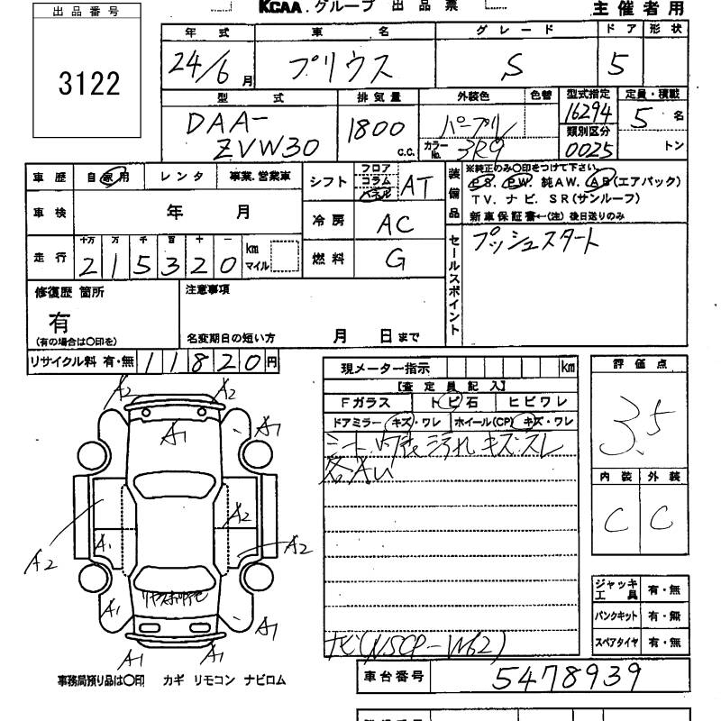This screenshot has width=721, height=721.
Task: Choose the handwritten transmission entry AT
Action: coord(415,186)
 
